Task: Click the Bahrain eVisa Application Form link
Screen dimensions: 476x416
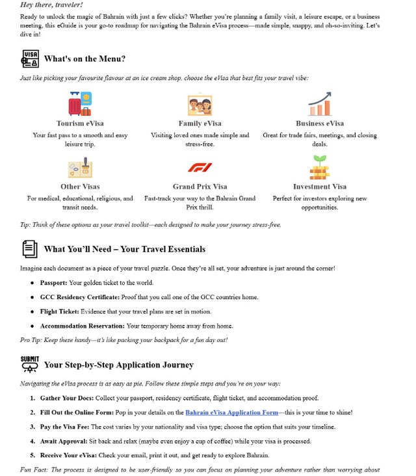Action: (x=231, y=412)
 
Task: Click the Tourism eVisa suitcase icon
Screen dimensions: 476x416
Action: (x=80, y=104)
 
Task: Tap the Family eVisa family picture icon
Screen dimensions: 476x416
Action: (x=200, y=105)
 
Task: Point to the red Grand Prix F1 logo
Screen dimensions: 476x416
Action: (x=200, y=168)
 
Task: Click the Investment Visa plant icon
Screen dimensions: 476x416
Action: (x=319, y=168)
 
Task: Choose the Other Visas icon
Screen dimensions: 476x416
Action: (x=80, y=168)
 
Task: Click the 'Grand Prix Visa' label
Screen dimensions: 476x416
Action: (x=200, y=187)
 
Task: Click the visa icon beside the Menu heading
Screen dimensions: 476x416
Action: (x=30, y=59)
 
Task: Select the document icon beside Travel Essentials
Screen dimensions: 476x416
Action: (x=29, y=248)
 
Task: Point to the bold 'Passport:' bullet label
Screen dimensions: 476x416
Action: (x=53, y=283)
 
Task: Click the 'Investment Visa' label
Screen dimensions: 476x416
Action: (x=319, y=187)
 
